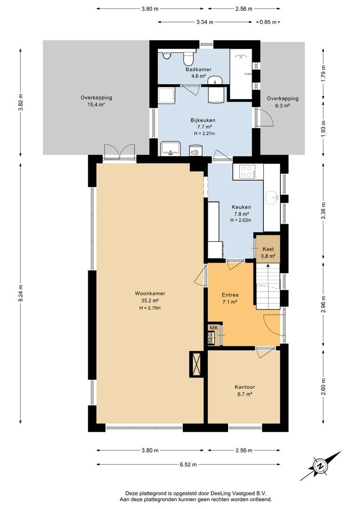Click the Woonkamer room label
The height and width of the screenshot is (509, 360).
pyautogui.click(x=150, y=294)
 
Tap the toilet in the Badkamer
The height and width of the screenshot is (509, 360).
pyautogui.click(x=188, y=58)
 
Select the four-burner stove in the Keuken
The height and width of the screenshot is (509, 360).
pyautogui.click(x=247, y=172)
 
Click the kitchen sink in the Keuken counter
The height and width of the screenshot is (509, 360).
pyautogui.click(x=272, y=197)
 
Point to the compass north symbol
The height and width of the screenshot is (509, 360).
pyautogui.click(x=320, y=466)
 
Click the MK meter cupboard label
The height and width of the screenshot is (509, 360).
pyautogui.click(x=214, y=328)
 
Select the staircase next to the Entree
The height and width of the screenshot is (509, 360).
pyautogui.click(x=268, y=286)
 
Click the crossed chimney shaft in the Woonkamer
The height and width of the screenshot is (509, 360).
pyautogui.click(x=196, y=364)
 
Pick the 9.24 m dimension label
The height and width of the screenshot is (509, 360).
pyautogui.click(x=21, y=294)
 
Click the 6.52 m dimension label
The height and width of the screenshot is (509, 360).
pyautogui.click(x=188, y=464)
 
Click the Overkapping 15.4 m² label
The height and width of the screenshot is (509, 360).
pyautogui.click(x=97, y=101)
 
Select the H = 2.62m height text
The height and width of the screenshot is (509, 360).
pyautogui.click(x=240, y=220)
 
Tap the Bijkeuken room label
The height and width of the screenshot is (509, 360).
pyautogui.click(x=203, y=120)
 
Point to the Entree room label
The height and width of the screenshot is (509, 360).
pyautogui.click(x=230, y=295)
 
